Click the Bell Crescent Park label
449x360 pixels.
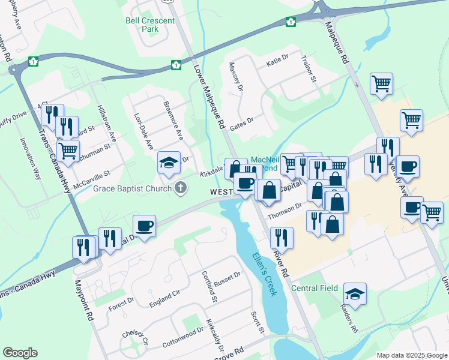(150, 25)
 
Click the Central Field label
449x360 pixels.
(314, 289)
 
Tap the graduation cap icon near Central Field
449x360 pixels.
(355, 293)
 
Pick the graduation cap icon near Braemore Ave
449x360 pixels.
(169, 161)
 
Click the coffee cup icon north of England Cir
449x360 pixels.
(144, 226)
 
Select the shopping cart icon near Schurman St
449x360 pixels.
(68, 150)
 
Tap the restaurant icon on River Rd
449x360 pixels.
(281, 238)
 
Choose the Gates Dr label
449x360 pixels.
(242, 122)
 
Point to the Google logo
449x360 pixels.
(20, 353)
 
